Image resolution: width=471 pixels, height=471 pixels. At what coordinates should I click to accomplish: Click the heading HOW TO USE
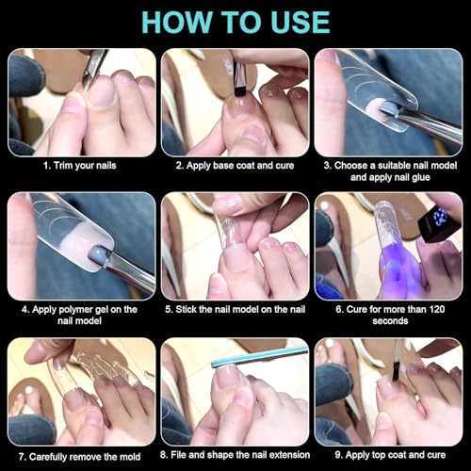coord(235,22)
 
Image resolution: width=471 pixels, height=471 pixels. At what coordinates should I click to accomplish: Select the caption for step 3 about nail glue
coord(390,172)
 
